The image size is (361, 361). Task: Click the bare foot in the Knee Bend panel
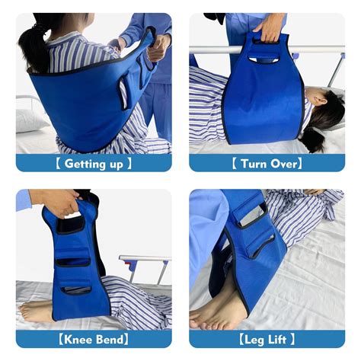[37, 311]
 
